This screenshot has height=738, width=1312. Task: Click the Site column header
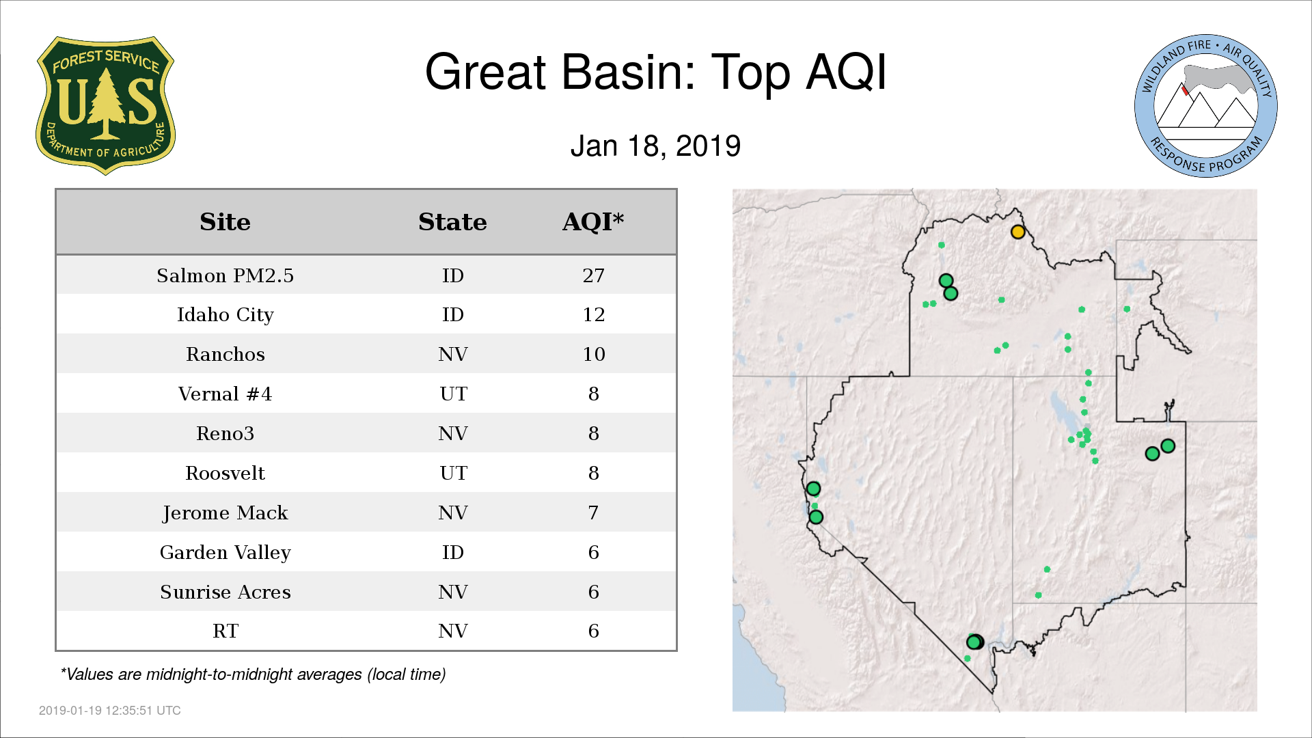click(x=225, y=222)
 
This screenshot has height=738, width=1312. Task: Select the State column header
click(x=452, y=222)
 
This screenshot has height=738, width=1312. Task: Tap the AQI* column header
click(x=593, y=221)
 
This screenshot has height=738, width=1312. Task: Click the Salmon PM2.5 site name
click(x=225, y=275)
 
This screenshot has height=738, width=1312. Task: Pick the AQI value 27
click(x=593, y=275)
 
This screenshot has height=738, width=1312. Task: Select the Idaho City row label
click(x=225, y=315)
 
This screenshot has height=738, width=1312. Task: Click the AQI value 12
click(x=593, y=314)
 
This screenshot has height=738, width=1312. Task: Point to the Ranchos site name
click(x=225, y=354)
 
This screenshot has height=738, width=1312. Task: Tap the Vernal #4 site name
click(x=225, y=394)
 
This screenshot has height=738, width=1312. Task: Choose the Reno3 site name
click(x=225, y=433)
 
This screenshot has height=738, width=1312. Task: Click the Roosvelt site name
click(x=225, y=473)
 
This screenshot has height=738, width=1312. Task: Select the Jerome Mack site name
click(x=225, y=513)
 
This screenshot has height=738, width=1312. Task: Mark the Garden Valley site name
click(x=225, y=553)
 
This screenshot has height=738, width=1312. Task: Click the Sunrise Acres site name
click(x=225, y=592)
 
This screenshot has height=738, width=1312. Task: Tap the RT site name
click(x=225, y=631)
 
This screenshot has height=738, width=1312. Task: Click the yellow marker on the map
click(x=1017, y=232)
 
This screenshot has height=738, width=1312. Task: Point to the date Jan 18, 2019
click(x=655, y=146)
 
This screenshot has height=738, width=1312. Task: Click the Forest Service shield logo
click(x=105, y=105)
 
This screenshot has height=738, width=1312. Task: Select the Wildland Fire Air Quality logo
click(x=1206, y=106)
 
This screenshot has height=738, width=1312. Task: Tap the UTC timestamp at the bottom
click(x=110, y=711)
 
